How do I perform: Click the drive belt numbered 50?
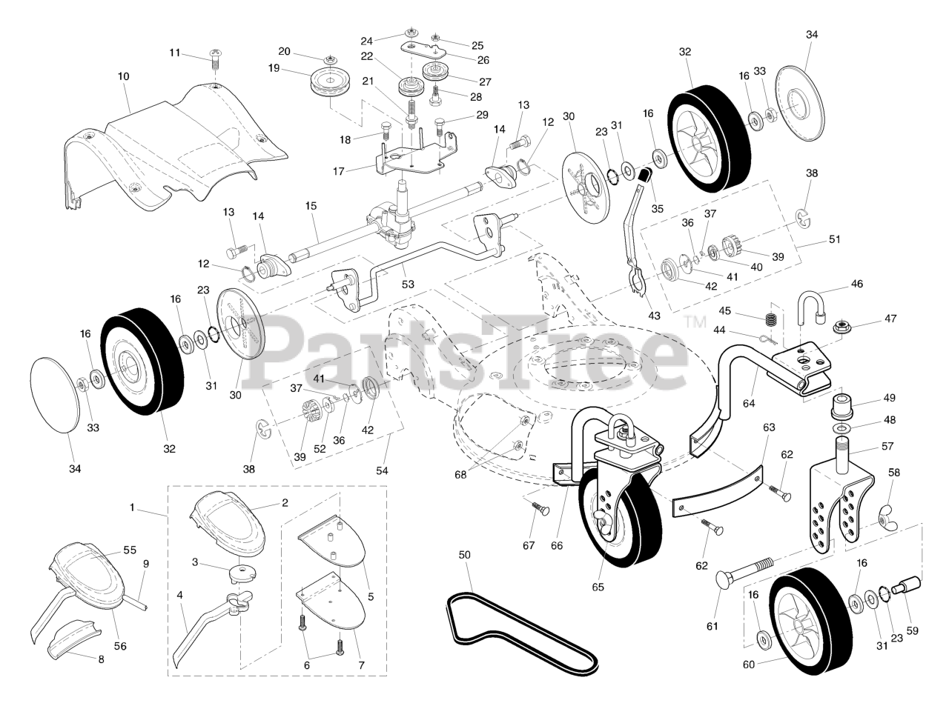tap(519, 630)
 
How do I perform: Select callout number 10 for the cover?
tap(123, 76)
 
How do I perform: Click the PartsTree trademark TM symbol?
tap(695, 322)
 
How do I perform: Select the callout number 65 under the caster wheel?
tap(598, 587)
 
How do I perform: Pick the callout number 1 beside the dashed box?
tap(132, 508)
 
